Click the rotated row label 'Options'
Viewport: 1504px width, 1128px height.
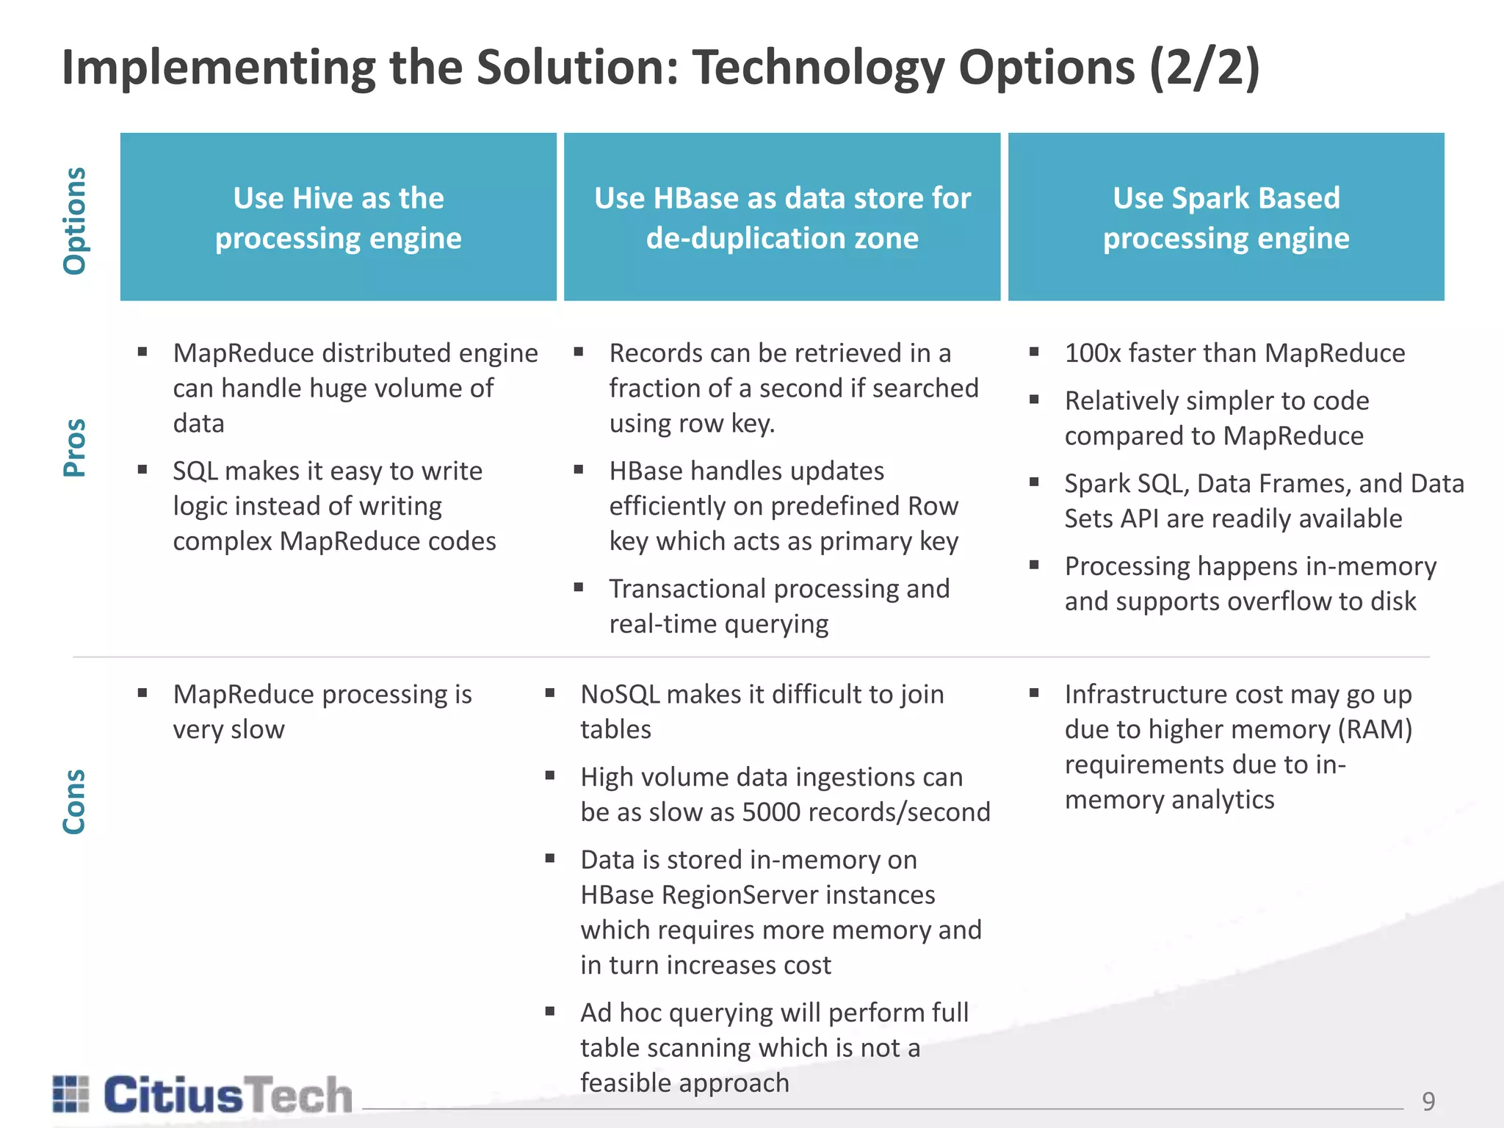pos(75,220)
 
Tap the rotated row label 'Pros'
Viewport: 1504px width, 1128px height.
pos(75,448)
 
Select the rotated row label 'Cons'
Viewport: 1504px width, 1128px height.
pos(75,802)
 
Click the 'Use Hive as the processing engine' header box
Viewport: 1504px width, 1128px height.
pos(339,217)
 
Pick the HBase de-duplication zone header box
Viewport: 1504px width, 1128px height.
pos(782,217)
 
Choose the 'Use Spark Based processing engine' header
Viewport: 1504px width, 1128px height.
pos(1226,217)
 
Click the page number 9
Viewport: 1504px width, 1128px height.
pos(1428,1101)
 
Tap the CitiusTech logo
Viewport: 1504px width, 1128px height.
pos(203,1095)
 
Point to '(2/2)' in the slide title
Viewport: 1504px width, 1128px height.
pos(1204,68)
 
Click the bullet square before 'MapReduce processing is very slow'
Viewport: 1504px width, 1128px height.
pos(142,693)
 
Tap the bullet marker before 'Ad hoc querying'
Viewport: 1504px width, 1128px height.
pos(550,1011)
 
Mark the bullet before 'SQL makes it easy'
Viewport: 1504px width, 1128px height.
pos(142,469)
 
